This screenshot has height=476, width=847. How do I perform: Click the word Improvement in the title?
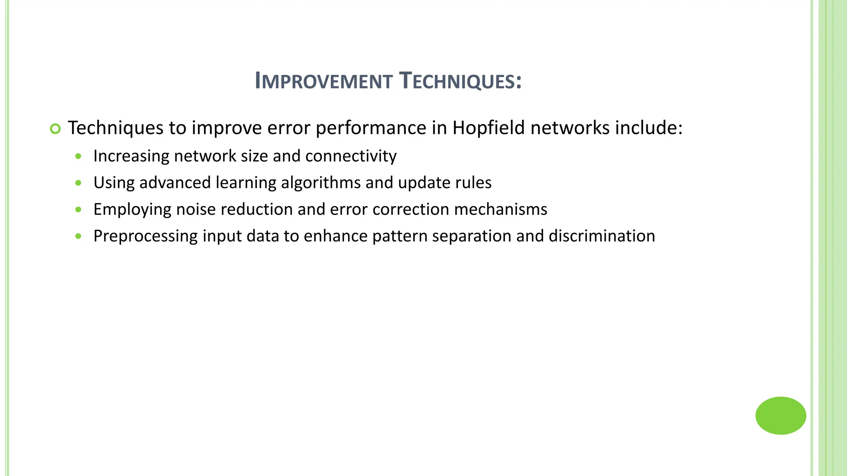[323, 81]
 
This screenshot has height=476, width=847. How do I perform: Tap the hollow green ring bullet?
[55, 129]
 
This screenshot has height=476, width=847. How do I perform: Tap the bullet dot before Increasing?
[79, 157]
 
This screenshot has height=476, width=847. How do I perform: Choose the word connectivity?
[351, 156]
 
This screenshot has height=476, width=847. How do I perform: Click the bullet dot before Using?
[79, 183]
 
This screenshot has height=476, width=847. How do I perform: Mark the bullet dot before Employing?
[79, 209]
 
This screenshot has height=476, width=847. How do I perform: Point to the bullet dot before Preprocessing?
[79, 236]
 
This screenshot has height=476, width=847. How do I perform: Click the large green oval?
[780, 415]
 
